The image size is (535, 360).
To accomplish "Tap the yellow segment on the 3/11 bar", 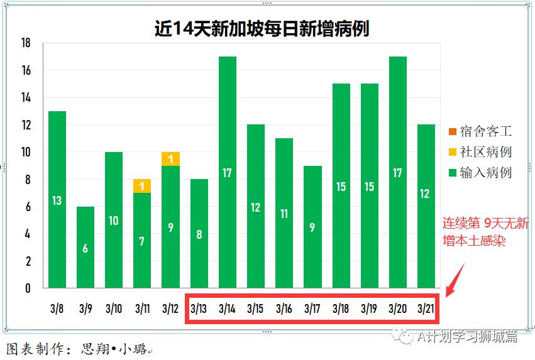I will click(x=142, y=186).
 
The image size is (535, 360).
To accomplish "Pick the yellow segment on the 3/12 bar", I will click(x=170, y=159).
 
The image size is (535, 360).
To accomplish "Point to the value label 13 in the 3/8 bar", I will click(x=57, y=201).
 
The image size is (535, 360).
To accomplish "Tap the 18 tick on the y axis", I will click(x=26, y=43).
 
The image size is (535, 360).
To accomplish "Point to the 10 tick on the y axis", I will click(x=26, y=152).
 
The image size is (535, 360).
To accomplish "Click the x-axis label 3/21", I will click(x=426, y=308).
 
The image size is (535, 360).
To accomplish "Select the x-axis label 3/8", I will click(x=57, y=308).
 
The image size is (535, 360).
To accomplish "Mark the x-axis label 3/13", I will click(x=199, y=308).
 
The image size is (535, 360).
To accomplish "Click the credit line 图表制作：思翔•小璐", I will click(x=79, y=349).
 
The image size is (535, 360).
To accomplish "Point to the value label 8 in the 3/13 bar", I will click(x=199, y=235).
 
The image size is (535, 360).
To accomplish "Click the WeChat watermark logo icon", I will click(x=403, y=337).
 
